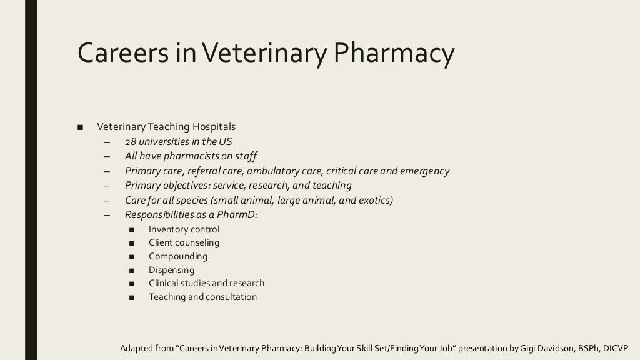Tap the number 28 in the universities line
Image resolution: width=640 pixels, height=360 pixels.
(x=130, y=142)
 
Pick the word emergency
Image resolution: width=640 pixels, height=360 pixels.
(x=424, y=171)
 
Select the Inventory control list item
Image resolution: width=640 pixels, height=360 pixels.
(x=184, y=229)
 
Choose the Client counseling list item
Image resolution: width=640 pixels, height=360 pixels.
(x=184, y=242)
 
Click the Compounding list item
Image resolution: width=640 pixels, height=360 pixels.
(x=178, y=256)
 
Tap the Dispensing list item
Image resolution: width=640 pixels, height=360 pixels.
(x=171, y=270)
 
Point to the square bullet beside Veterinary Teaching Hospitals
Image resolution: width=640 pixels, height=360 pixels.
(x=80, y=127)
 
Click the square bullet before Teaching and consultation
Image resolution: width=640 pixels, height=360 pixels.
(x=131, y=297)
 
